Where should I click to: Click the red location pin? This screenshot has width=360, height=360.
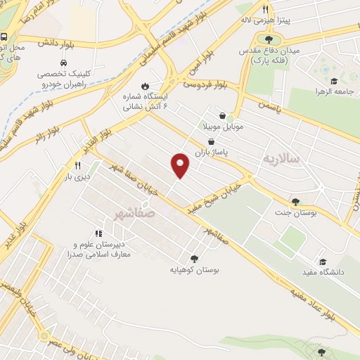click(x=181, y=165)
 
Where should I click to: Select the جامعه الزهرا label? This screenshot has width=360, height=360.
click(x=333, y=92)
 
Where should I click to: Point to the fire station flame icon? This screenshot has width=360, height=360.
click(x=145, y=86)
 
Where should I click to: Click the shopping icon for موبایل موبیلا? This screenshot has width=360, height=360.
click(x=223, y=115)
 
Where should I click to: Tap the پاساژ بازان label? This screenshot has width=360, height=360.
click(x=233, y=150)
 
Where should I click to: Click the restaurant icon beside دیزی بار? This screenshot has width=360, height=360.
click(x=78, y=166)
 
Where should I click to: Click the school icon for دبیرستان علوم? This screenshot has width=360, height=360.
click(x=98, y=233)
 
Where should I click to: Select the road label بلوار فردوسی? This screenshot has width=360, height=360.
click(x=205, y=84)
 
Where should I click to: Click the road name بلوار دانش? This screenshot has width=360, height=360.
click(x=56, y=43)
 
